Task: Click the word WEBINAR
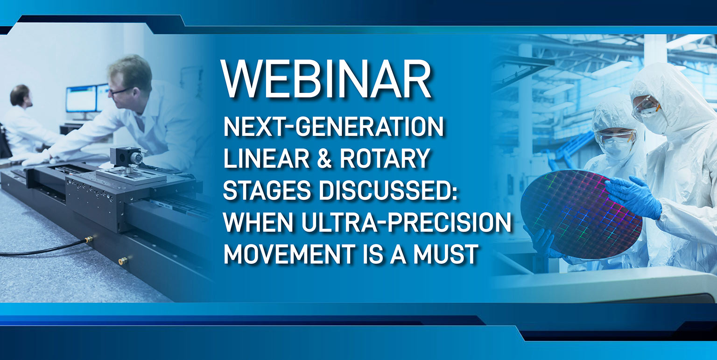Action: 326,79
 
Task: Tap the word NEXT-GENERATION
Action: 334,127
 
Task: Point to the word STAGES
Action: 267,190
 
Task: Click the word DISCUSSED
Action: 387,190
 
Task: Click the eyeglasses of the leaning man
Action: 119,91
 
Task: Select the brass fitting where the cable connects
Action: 89,239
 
